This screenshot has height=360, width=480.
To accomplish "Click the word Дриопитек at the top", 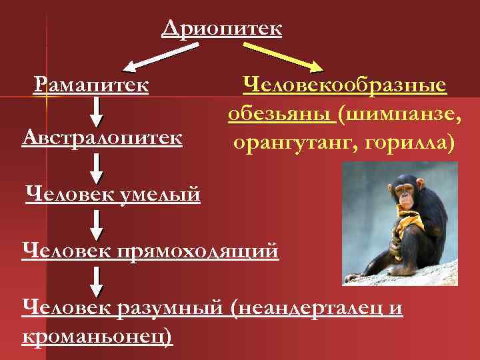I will pos(221,29).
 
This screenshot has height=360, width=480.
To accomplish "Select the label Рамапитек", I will pos(91,85).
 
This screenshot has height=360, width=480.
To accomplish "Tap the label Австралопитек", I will pos(102,137).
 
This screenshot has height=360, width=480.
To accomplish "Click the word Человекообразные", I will pos(344,85).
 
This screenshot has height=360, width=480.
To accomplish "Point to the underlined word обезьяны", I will pos(280,114).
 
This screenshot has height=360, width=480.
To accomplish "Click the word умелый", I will pos(159,195).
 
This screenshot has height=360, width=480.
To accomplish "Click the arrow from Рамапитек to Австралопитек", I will pos(97,111).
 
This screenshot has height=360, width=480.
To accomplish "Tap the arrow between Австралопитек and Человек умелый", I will pos(97,167).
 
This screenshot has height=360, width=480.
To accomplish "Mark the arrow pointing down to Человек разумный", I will pos(97,280).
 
